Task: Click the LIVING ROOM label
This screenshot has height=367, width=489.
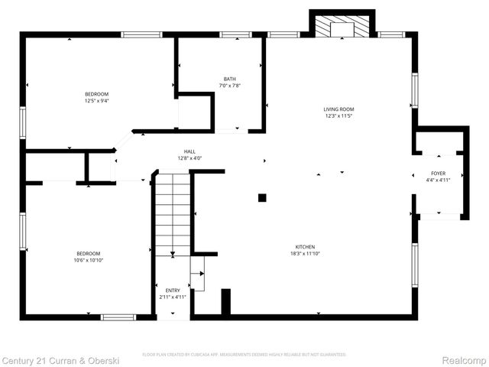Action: point(339,109)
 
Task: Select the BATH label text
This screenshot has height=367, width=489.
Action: point(230,80)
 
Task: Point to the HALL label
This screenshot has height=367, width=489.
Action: point(189,151)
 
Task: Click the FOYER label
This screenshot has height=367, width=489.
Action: point(439,174)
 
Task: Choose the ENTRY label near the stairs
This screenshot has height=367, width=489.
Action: point(173,291)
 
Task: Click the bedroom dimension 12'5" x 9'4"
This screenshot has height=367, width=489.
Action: point(96,100)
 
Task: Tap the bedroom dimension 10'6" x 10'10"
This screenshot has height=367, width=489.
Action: point(88,260)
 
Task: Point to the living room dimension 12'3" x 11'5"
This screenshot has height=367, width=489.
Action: point(339,116)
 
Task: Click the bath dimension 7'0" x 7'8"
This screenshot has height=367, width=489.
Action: point(230,86)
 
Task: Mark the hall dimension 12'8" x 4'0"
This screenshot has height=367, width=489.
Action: point(189,158)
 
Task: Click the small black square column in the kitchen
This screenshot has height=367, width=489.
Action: point(262,197)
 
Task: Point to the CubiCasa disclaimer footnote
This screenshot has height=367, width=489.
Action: point(244,355)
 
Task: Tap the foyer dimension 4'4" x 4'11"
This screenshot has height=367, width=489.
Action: point(439,180)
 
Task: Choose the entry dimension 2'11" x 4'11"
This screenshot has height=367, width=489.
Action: point(173,297)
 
